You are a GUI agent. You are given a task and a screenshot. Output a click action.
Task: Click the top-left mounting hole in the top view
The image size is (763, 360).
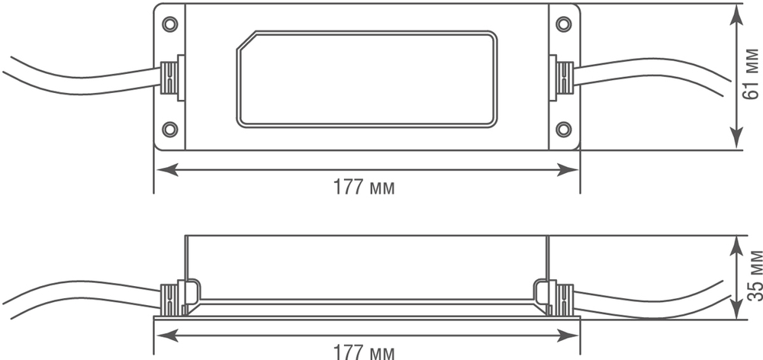click(x=170, y=24)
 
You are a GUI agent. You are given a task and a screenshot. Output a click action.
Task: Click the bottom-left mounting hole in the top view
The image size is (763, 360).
click(x=170, y=128)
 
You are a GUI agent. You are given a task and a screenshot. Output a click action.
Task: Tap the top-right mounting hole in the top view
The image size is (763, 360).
click(x=563, y=24)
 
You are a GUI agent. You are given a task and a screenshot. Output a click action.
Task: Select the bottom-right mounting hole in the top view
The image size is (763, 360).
click(x=563, y=128)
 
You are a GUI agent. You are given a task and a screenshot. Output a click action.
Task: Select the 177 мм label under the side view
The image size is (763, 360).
click(x=365, y=352)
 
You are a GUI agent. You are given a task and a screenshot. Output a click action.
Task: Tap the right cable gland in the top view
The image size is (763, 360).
click(x=563, y=77)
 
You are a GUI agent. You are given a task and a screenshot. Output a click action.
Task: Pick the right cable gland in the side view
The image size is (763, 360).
click(x=563, y=298)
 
